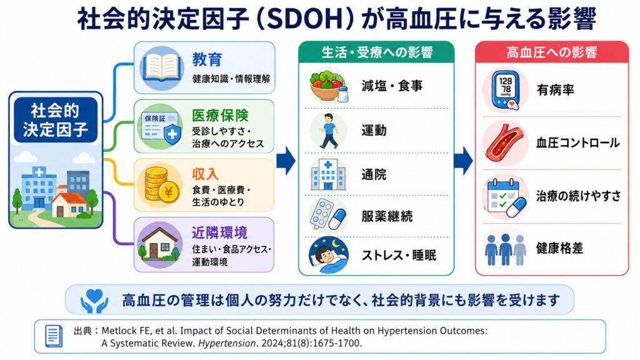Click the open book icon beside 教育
tap(162, 67)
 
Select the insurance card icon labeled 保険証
tap(161, 127)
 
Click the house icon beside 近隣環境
tap(159, 244)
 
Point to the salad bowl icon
tap(329, 86)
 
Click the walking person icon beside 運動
tap(329, 131)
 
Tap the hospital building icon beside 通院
tap(328, 175)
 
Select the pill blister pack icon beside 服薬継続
tap(327, 215)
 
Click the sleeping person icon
tap(329, 255)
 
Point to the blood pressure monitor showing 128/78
tap(505, 90)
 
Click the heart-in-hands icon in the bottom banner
tap(94, 301)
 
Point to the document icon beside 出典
tap(54, 336)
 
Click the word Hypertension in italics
tap(227, 343)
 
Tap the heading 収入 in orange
tap(205, 174)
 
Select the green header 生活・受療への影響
tap(376, 52)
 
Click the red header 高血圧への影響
tap(552, 52)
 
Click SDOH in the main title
tap(304, 19)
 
